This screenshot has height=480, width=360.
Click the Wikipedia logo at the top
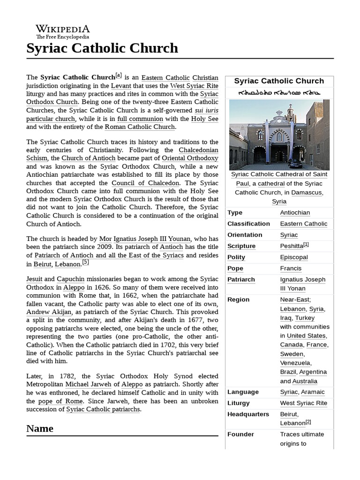62,31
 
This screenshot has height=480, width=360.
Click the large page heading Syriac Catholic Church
102,48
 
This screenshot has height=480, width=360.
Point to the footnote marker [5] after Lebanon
85,262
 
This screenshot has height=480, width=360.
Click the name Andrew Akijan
49,312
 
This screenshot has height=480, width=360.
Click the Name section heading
40,428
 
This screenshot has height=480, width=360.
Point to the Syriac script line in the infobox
279,93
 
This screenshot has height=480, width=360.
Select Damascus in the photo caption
307,192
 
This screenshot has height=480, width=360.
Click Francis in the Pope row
291,268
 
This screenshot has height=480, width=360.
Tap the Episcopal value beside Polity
294,257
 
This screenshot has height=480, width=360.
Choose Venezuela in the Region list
295,363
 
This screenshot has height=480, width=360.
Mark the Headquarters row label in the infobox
248,414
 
